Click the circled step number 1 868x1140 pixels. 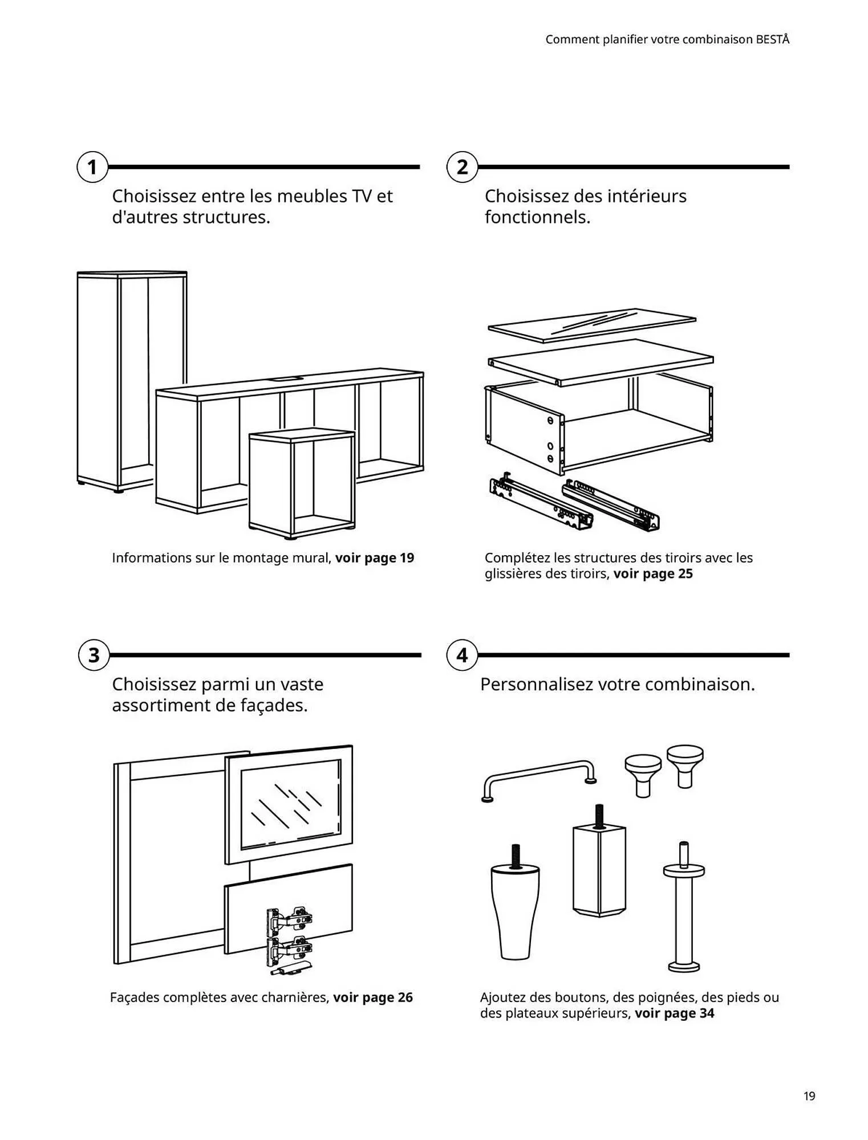[92, 167]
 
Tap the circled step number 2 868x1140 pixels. [462, 167]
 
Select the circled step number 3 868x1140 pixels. [94, 655]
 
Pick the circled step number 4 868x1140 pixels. [462, 655]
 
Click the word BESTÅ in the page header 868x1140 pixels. [773, 39]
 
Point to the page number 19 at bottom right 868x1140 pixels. [809, 1096]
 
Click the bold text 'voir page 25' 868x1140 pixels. [653, 573]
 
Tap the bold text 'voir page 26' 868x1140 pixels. [373, 997]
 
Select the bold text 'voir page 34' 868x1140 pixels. [675, 1013]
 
